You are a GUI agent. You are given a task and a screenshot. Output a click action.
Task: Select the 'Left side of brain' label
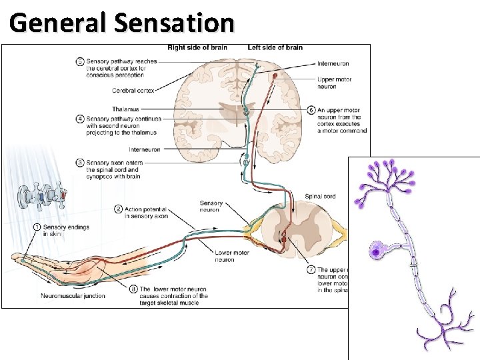[x=275, y=48]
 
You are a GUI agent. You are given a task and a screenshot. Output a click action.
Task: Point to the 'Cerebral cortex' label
[x=133, y=91]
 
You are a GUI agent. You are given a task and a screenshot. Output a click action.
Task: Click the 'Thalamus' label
[x=125, y=109]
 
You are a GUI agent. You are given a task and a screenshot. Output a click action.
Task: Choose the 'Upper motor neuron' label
[x=335, y=83]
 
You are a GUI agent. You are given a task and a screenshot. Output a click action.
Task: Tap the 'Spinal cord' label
[x=320, y=197]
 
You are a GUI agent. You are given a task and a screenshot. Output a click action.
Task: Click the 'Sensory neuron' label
[x=211, y=206]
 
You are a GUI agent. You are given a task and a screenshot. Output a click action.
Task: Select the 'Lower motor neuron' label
[x=233, y=256]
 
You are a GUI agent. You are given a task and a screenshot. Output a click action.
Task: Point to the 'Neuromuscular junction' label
[x=73, y=295]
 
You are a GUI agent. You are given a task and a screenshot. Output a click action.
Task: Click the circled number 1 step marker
[x=37, y=227]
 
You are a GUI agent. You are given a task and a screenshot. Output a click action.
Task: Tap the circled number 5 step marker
[x=80, y=61]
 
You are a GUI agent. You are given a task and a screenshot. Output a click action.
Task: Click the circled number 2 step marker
[x=119, y=209]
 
